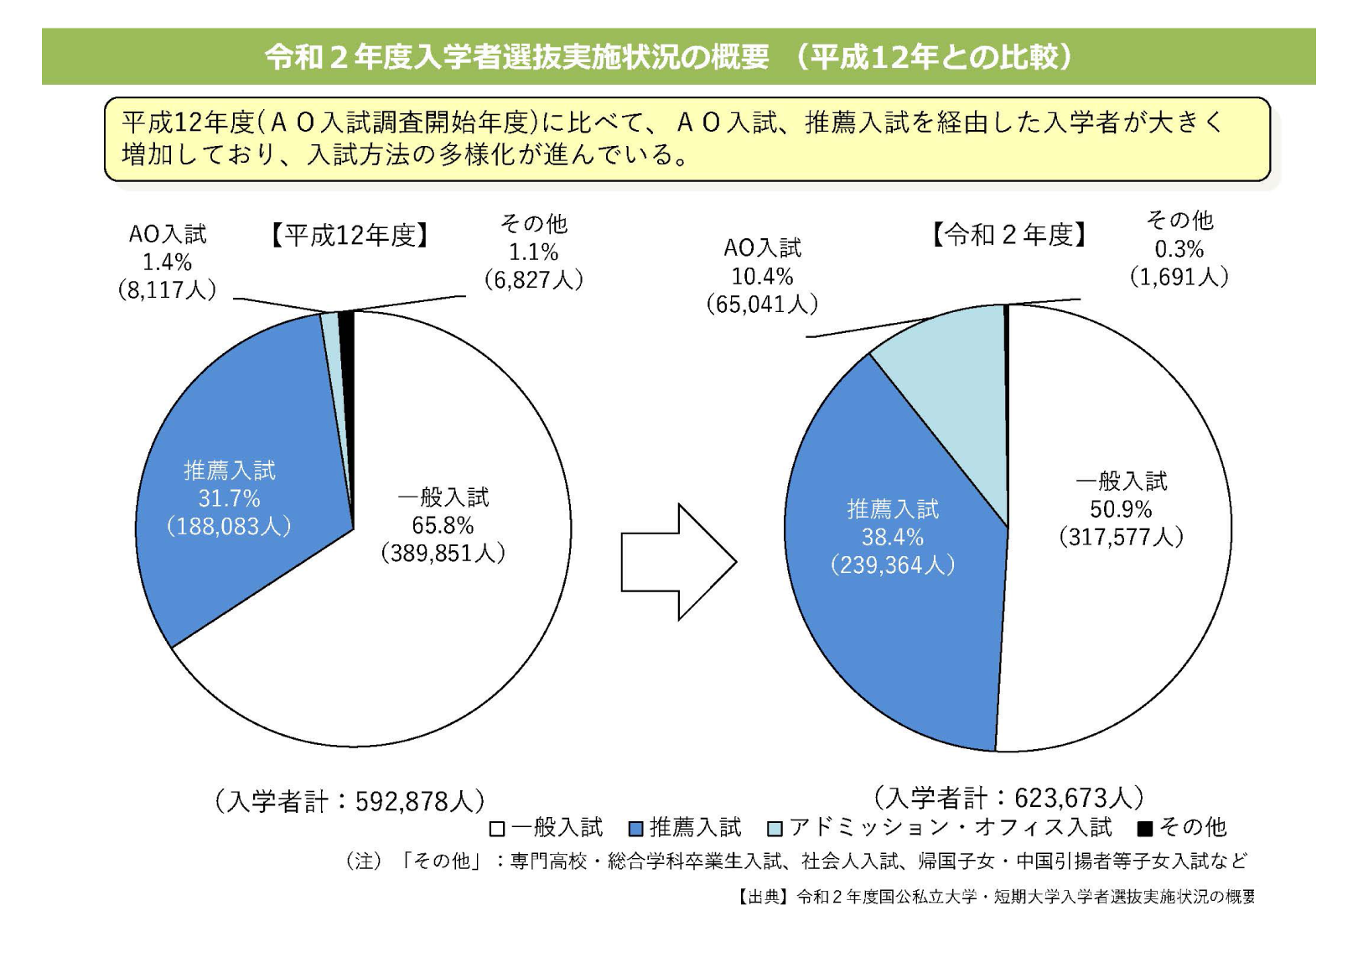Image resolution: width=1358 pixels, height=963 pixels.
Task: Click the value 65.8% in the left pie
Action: pyautogui.click(x=443, y=525)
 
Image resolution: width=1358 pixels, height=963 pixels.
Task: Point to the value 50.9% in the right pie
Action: pyautogui.click(x=1121, y=509)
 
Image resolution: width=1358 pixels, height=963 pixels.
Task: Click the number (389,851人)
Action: pyautogui.click(x=443, y=554)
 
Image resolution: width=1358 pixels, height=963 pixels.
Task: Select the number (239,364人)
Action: pyautogui.click(x=893, y=565)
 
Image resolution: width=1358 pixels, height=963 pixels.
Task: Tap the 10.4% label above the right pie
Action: pyautogui.click(x=762, y=277)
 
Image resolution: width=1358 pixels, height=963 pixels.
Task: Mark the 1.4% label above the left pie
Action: pyautogui.click(x=167, y=262)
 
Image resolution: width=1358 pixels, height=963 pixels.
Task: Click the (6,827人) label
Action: pyautogui.click(x=533, y=279)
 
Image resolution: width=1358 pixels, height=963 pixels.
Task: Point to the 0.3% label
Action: pyautogui.click(x=1179, y=249)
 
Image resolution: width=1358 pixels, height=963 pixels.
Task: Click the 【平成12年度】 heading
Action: pyautogui.click(x=350, y=236)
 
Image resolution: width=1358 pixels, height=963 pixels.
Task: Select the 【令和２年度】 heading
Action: pyautogui.click(x=1009, y=235)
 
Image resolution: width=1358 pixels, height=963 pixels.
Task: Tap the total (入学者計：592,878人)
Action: pyautogui.click(x=350, y=802)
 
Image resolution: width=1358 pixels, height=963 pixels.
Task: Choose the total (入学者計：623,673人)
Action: pyautogui.click(x=1008, y=798)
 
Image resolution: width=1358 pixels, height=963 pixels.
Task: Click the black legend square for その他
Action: pyautogui.click(x=1144, y=829)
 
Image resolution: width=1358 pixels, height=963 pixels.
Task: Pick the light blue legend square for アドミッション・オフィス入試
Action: pyautogui.click(x=775, y=829)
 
